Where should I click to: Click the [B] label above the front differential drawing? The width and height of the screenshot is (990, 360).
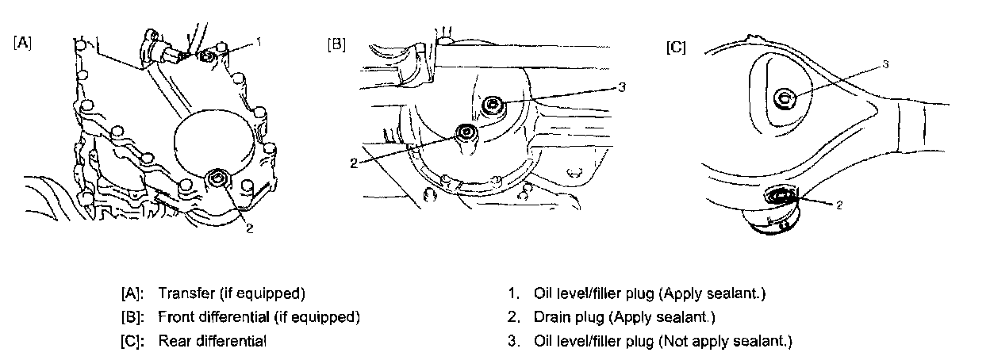(x=336, y=44)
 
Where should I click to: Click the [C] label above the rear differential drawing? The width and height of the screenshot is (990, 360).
(x=676, y=47)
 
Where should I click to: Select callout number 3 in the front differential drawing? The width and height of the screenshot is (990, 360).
(x=622, y=86)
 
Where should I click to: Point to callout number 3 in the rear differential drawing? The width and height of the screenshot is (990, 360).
(x=884, y=64)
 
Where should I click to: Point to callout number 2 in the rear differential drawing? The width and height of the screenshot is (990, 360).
(x=838, y=204)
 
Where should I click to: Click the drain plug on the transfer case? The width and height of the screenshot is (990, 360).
(x=216, y=181)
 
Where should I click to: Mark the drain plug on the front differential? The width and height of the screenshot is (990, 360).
(x=466, y=132)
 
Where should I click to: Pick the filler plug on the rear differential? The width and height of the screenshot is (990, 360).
(x=784, y=98)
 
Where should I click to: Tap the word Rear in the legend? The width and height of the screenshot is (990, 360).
(x=172, y=342)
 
